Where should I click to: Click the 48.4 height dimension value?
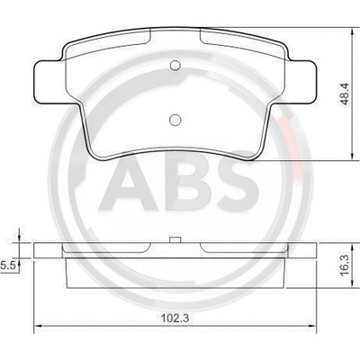click(346, 94)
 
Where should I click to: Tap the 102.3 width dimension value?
click(175, 318)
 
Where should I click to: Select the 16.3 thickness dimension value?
click(346, 265)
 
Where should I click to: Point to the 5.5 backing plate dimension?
click(7, 265)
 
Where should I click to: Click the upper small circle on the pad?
click(175, 66)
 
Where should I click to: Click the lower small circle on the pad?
click(175, 120)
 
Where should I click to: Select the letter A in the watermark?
click(129, 184)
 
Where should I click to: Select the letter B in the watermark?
click(188, 183)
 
